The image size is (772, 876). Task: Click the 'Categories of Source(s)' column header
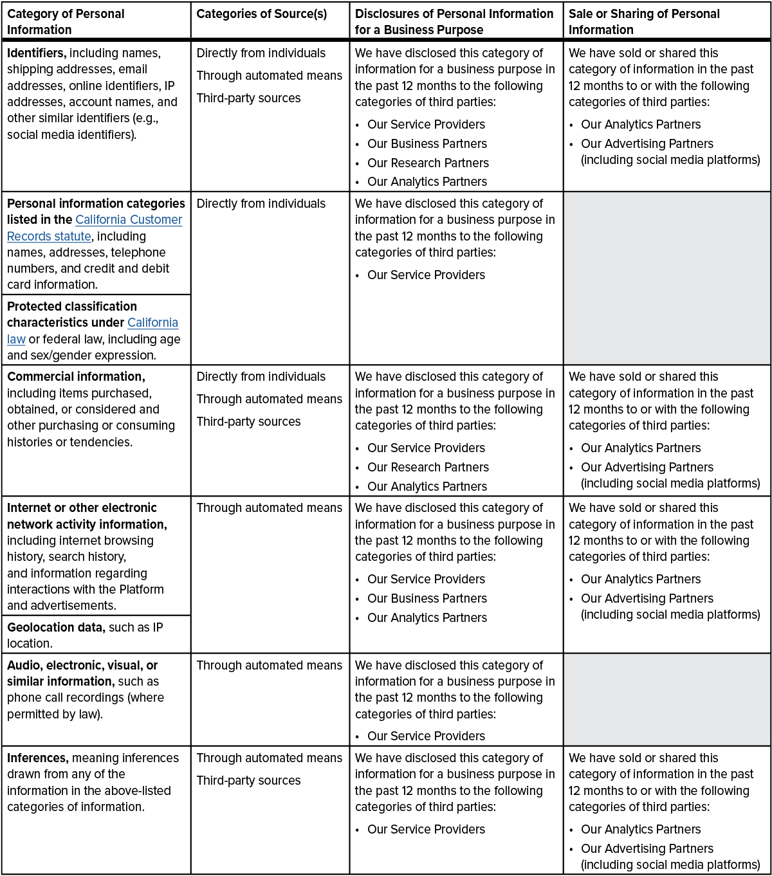click(261, 14)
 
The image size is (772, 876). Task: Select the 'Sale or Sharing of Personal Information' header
click(643, 21)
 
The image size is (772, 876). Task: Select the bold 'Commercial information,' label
click(76, 377)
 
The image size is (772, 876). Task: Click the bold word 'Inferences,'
click(37, 758)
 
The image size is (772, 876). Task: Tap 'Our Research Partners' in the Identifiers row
click(428, 163)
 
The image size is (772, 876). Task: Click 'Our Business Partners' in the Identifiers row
click(427, 143)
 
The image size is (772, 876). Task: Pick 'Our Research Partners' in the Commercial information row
click(428, 467)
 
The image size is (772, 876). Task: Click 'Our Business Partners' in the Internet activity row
click(427, 598)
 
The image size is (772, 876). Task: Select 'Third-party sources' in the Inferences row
click(248, 780)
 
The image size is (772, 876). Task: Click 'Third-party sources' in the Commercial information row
click(248, 421)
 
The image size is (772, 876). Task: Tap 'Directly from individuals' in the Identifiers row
click(261, 53)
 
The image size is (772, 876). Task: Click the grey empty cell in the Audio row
click(666, 699)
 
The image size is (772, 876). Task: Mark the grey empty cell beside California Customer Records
click(666, 278)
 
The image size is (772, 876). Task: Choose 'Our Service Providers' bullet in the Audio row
click(426, 736)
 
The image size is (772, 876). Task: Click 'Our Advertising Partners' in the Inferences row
click(647, 848)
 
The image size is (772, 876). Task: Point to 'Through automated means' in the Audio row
click(269, 666)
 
